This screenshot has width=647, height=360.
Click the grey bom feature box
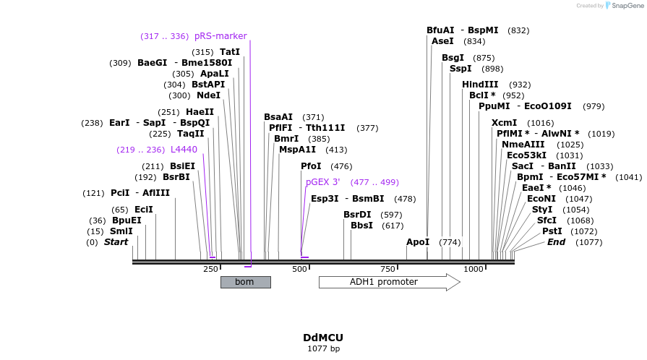click(245, 282)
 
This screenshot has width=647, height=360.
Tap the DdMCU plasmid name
click(323, 338)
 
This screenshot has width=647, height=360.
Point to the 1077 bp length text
click(323, 348)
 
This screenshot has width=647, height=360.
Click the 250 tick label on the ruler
click(210, 269)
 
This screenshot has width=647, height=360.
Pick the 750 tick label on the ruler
click(388, 269)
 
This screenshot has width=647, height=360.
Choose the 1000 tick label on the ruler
click(474, 269)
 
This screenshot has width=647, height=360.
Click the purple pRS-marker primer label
click(220, 36)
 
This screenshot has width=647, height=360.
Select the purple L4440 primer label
click(184, 150)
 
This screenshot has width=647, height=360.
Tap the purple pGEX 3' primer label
click(322, 182)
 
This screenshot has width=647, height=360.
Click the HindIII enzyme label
click(481, 85)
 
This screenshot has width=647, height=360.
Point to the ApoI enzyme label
click(418, 242)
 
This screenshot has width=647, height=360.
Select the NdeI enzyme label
click(209, 95)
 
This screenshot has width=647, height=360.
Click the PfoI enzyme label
click(311, 166)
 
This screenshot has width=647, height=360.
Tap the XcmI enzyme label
click(505, 123)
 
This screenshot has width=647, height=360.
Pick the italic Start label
click(116, 242)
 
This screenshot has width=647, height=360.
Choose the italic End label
click(556, 242)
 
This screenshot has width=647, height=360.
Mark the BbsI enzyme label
click(362, 226)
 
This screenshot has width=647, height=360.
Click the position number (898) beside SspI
click(492, 69)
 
